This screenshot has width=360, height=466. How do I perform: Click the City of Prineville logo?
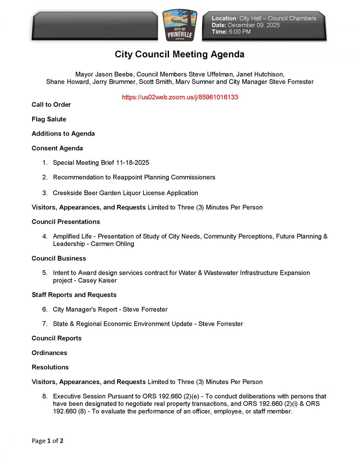click(180, 26)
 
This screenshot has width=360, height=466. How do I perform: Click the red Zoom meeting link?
click(180, 97)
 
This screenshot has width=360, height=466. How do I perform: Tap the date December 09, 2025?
click(253, 25)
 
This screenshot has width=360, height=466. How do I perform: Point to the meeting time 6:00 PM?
click(239, 32)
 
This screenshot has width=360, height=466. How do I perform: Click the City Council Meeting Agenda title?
click(179, 54)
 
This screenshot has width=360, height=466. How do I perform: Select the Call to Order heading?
click(51, 105)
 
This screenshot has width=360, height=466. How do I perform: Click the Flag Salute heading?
click(49, 119)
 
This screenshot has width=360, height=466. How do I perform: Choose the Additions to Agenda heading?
click(63, 134)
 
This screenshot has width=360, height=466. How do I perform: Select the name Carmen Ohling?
click(112, 244)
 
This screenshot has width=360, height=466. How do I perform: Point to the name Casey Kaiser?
click(97, 281)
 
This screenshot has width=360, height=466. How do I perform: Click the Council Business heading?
click(59, 258)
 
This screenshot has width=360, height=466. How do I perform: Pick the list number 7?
click(45, 324)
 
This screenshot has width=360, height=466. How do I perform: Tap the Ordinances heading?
click(49, 353)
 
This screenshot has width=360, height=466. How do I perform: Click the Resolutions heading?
click(50, 367)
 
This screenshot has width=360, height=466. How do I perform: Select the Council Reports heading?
click(57, 338)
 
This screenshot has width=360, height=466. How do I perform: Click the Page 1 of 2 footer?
click(47, 441)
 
